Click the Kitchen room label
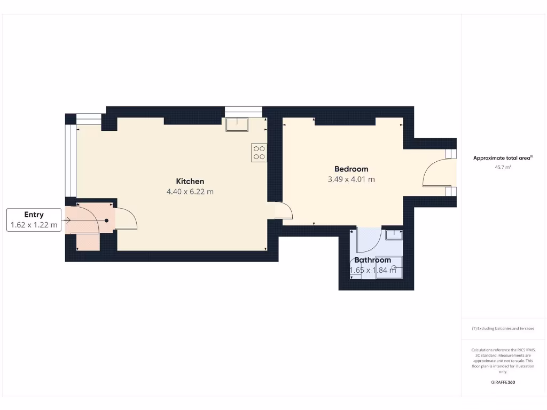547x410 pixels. click(190, 181)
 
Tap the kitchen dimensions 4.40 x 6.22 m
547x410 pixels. click(190, 192)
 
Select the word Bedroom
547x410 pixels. click(351, 169)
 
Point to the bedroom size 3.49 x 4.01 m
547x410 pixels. click(351, 179)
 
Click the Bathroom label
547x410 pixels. click(372, 260)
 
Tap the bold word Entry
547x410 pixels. click(34, 215)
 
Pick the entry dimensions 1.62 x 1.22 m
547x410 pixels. click(34, 225)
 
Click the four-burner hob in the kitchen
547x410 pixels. click(259, 153)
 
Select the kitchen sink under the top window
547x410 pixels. click(237, 124)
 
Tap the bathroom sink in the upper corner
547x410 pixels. click(394, 234)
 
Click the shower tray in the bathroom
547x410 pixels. click(388, 268)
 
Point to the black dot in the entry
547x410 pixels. click(106, 220)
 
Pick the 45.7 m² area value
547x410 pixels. click(503, 167)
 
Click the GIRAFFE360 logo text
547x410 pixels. click(503, 382)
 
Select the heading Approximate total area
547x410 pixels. click(503, 157)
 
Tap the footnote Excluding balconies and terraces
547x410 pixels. click(503, 328)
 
